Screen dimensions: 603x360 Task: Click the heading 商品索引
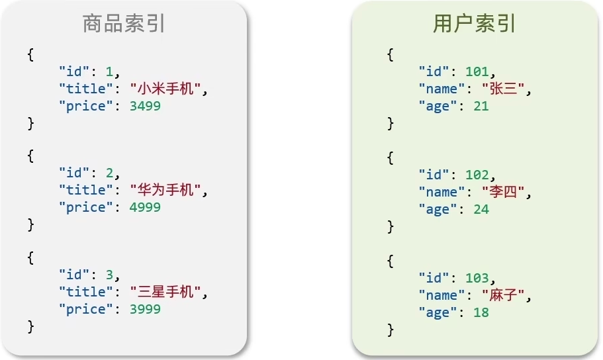[124, 24]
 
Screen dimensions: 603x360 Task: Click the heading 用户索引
[475, 24]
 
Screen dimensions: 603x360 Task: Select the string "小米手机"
[165, 89]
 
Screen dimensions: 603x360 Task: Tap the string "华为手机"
[165, 191]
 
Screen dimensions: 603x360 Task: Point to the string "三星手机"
[165, 292]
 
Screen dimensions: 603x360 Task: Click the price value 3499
[144, 106]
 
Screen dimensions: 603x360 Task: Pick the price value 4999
[144, 208]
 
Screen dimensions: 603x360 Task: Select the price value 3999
[144, 309]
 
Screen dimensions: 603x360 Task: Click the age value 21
[481, 106]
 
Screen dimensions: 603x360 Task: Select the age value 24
[481, 210]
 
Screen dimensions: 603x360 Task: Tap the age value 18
[481, 313]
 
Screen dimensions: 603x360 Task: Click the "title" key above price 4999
[82, 191]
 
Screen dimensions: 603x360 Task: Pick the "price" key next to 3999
[82, 309]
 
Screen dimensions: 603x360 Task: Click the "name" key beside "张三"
[438, 89]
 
